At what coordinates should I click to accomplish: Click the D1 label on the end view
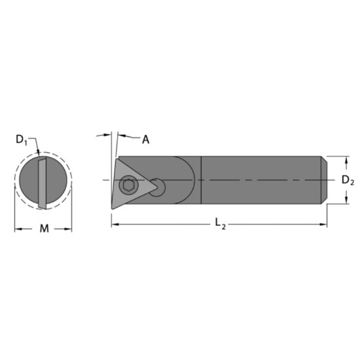click(22, 139)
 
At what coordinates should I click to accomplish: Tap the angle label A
click(145, 139)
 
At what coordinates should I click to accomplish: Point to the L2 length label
click(219, 225)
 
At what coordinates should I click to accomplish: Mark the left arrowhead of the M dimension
click(18, 228)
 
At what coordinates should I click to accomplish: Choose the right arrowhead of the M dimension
click(69, 228)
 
